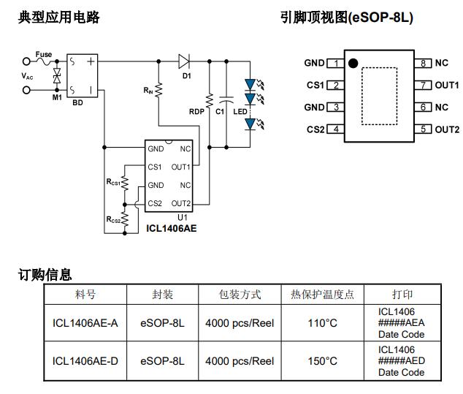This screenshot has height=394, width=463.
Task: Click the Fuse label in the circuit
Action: coord(44,54)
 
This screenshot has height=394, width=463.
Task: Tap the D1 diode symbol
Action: coord(185,61)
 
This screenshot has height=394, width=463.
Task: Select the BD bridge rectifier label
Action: coord(77,103)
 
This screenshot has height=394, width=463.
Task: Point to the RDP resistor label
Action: coord(196,111)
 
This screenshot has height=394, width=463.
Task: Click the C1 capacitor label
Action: coord(220,111)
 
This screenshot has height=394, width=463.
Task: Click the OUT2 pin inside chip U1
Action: coord(180,203)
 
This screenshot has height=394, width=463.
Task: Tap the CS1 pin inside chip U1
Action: coord(155,167)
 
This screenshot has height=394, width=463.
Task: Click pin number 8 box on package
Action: coord(424,63)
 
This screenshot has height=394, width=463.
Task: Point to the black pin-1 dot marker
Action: coord(353,64)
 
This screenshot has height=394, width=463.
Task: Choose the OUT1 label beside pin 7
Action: coord(447,86)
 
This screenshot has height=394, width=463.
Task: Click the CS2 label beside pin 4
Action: coord(315,129)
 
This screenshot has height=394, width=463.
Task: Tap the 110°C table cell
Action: coord(322,322)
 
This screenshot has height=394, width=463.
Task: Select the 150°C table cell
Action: coord(322,361)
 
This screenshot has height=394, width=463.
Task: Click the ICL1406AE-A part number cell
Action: coord(85,322)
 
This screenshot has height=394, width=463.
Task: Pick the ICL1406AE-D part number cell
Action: coord(85,361)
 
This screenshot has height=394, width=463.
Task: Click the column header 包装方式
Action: coord(240,295)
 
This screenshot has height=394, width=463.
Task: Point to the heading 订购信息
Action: coord(45,275)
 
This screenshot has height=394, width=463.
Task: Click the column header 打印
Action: coord(402,295)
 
